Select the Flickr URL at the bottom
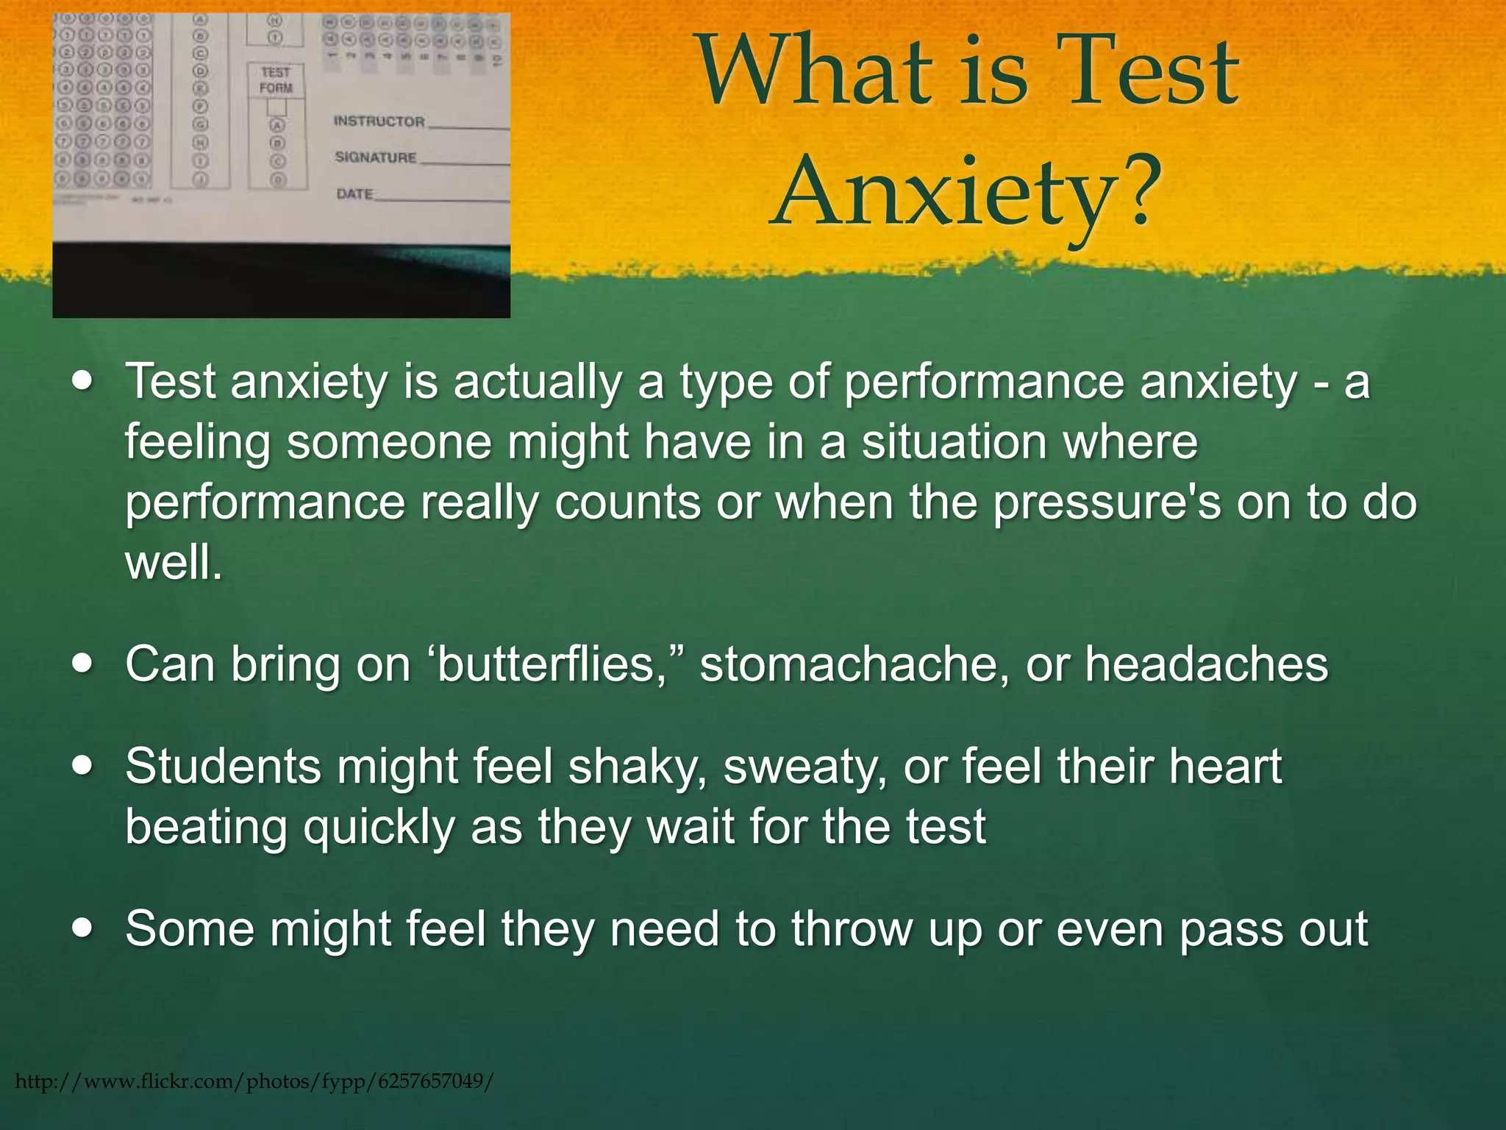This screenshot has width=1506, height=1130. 254,1081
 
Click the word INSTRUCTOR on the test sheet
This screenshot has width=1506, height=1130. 379,121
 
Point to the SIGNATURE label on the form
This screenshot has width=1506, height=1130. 375,157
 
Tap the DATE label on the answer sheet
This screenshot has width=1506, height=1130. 354,194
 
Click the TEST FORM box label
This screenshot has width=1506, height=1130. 276,80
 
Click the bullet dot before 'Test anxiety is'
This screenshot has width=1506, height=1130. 83,382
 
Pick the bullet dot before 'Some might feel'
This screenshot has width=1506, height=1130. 83,928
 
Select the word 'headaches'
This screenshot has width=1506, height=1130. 1207,664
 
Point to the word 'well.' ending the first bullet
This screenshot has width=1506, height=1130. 174,564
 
